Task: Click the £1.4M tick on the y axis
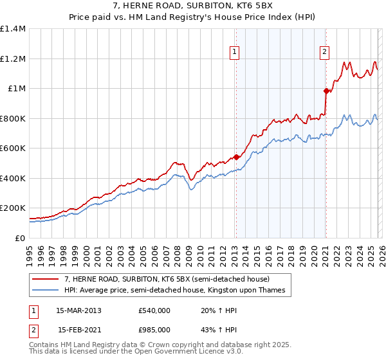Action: click(x=13, y=29)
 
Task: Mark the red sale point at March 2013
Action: click(x=235, y=157)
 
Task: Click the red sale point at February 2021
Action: click(x=326, y=91)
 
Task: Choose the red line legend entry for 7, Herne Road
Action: click(x=170, y=279)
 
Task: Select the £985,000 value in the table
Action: click(x=154, y=329)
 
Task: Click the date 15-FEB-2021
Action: click(x=79, y=329)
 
